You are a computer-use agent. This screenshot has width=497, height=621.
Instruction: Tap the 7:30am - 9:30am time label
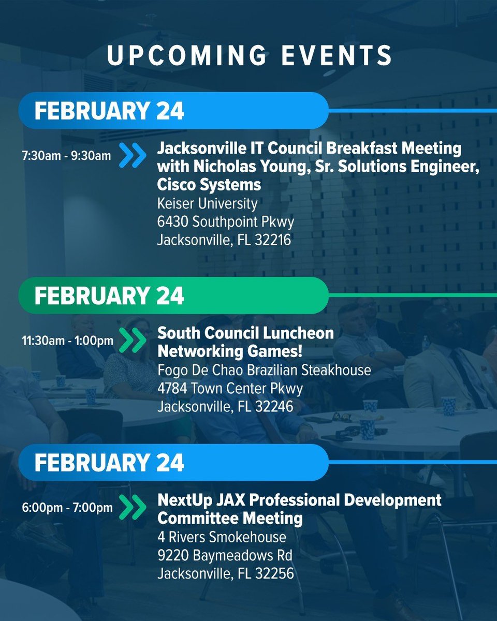(x=66, y=156)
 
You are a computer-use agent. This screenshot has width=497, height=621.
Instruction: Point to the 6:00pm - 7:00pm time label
(x=68, y=508)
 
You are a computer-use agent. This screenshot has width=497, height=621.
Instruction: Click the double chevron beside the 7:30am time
(x=133, y=155)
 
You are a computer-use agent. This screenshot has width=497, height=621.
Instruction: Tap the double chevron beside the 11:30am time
(x=133, y=341)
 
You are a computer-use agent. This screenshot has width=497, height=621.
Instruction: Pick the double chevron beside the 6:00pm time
(x=133, y=508)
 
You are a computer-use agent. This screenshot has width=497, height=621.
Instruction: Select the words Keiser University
(x=208, y=203)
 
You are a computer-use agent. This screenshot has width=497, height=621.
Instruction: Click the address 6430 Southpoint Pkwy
(x=226, y=222)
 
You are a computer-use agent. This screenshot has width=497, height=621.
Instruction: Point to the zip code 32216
(x=273, y=241)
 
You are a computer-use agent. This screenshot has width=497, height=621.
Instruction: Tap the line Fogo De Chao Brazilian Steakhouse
(x=264, y=370)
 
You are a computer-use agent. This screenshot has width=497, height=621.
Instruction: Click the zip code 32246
(x=273, y=407)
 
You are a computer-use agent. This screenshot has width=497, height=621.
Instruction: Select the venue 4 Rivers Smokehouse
(x=222, y=537)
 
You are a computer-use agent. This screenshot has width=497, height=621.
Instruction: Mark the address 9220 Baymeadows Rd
(x=225, y=555)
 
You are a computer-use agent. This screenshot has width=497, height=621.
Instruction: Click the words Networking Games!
(x=230, y=351)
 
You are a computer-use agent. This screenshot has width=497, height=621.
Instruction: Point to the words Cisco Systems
(x=209, y=184)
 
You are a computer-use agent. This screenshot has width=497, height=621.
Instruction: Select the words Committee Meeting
(x=230, y=517)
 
